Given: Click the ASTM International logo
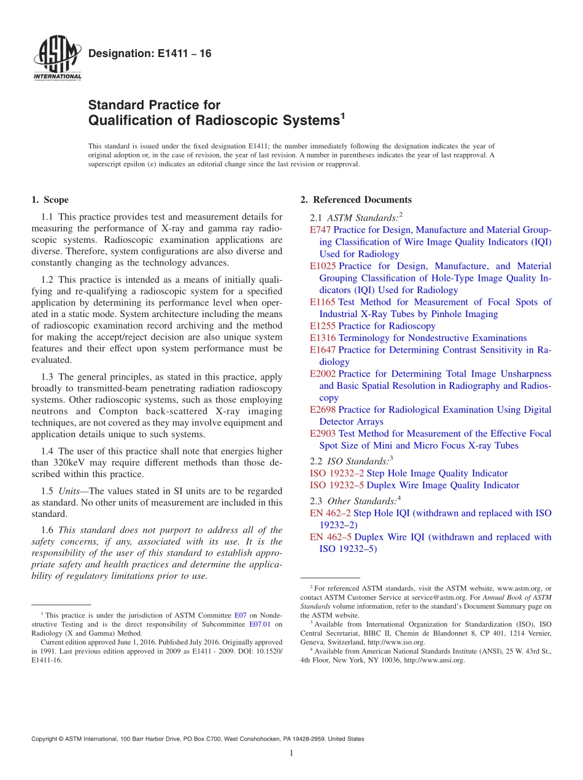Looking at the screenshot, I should point(56,59).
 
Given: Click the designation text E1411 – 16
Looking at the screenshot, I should point(150,54).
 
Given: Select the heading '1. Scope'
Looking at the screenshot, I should point(50,200).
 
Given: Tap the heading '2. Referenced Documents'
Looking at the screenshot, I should point(355,200).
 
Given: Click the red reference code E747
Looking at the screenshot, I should point(320,230).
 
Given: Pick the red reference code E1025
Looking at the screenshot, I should point(323,266).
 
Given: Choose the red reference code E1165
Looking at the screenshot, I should point(323,302).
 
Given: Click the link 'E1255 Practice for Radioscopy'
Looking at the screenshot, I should point(373,326).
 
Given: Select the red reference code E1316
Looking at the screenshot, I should point(323,338).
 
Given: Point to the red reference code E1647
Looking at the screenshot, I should point(323,350).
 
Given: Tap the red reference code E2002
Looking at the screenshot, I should point(323,374).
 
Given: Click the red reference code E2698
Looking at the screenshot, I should point(323,410).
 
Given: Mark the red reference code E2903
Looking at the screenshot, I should point(323,434).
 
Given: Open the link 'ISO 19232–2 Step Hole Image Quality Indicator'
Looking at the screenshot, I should point(409,473).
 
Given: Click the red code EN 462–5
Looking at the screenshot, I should point(331,537).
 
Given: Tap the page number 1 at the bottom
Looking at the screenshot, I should point(291,753).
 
